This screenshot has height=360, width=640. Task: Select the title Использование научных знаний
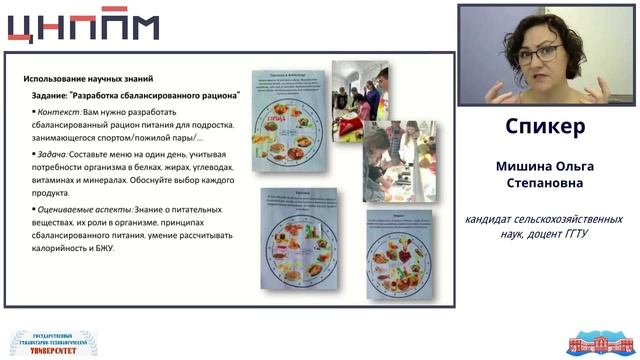click(87, 79)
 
